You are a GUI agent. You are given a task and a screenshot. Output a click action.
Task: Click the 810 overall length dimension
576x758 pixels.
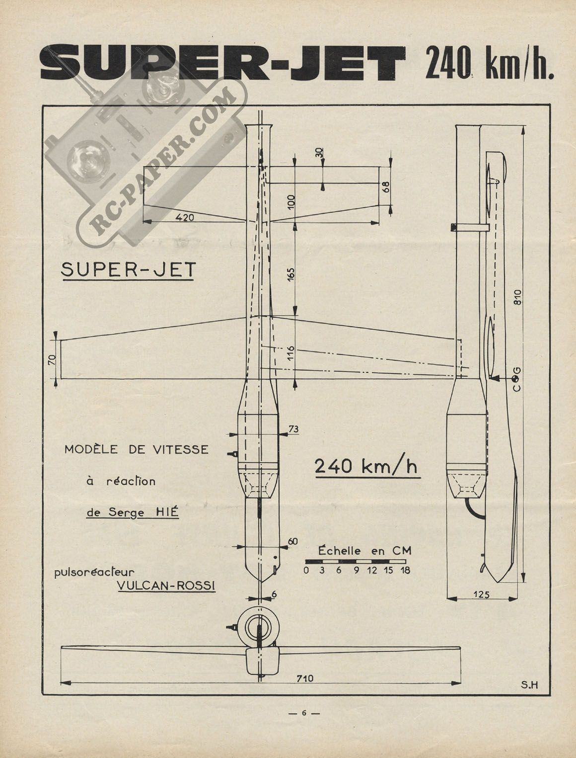pyautogui.click(x=517, y=297)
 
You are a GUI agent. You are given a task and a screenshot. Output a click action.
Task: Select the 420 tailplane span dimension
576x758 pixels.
pyautogui.click(x=185, y=218)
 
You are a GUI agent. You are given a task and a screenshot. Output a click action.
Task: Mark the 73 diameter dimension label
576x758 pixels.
pyautogui.click(x=294, y=429)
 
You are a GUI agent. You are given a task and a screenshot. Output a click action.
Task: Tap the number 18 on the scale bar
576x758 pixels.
pyautogui.click(x=406, y=570)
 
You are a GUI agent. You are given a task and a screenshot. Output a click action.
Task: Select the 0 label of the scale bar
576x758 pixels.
pyautogui.click(x=306, y=570)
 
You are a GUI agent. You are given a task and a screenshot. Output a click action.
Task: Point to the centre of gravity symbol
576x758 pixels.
pyautogui.click(x=516, y=379)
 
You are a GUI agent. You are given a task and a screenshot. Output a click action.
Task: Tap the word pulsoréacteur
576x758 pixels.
pyautogui.click(x=94, y=573)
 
